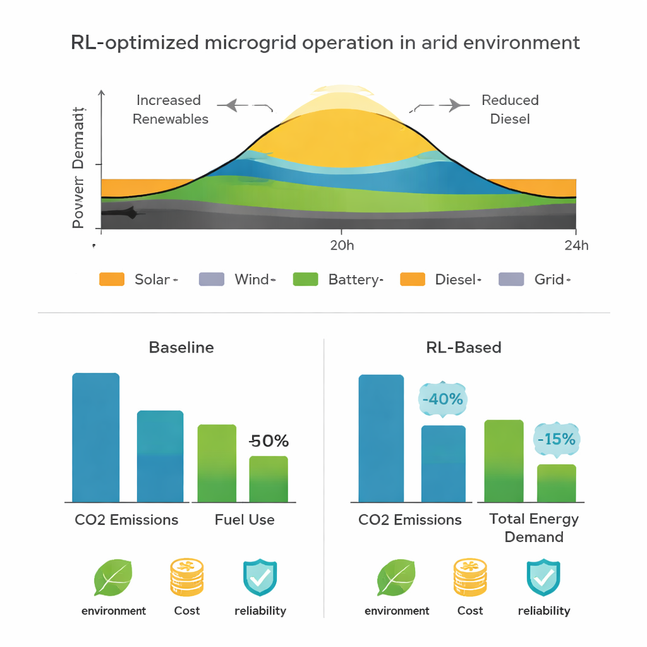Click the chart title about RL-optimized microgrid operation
325,43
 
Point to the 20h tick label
342,245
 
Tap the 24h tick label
576,245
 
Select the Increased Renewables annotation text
170,109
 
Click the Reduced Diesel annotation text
510,109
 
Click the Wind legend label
252,279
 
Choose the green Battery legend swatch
306,279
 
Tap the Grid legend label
549,279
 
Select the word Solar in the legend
152,279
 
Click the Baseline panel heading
181,348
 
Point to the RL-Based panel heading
464,348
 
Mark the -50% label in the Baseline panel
269,441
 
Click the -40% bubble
442,399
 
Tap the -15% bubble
556,439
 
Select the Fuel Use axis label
245,520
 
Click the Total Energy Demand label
534,528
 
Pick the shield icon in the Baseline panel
260,577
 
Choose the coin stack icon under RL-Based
470,577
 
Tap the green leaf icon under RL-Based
396,577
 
